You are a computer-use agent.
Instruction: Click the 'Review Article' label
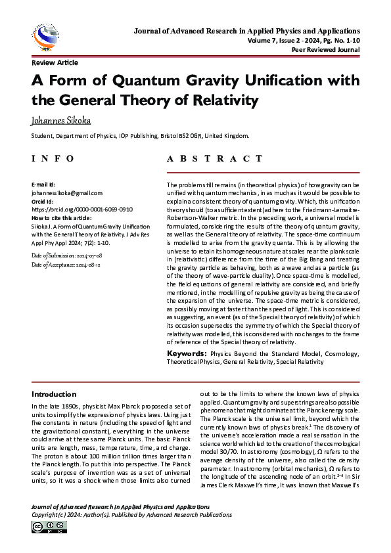pos(55,62)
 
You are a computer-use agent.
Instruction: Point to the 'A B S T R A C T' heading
pos(218,159)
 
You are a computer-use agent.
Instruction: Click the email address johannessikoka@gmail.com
pos(66,193)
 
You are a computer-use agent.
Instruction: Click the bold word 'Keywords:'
pos(188,354)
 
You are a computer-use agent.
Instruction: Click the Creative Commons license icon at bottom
pos(44,527)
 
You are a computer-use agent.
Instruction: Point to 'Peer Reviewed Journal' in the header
pos(327,49)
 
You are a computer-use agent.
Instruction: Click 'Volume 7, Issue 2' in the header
pos(271,40)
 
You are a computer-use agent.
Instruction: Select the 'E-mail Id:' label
pos(43,185)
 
